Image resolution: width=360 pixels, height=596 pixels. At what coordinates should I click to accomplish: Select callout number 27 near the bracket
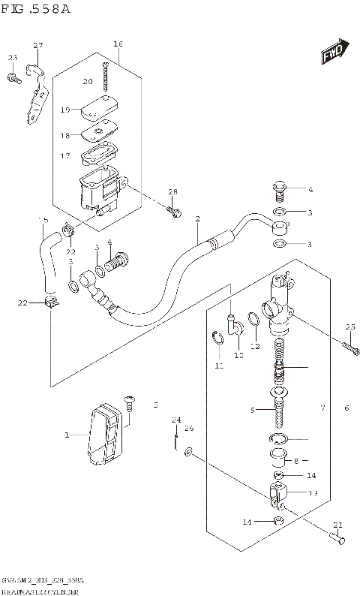point(39,47)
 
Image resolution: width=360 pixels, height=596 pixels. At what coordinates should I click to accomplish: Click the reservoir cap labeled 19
point(97,107)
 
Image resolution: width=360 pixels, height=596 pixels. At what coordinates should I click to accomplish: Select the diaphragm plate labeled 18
point(97,133)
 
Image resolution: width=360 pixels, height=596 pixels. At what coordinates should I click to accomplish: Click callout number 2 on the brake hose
point(197,220)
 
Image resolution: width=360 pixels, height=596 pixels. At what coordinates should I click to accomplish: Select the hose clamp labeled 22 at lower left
point(49,303)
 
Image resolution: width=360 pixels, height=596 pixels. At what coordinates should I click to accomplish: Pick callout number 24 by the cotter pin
point(176,419)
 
